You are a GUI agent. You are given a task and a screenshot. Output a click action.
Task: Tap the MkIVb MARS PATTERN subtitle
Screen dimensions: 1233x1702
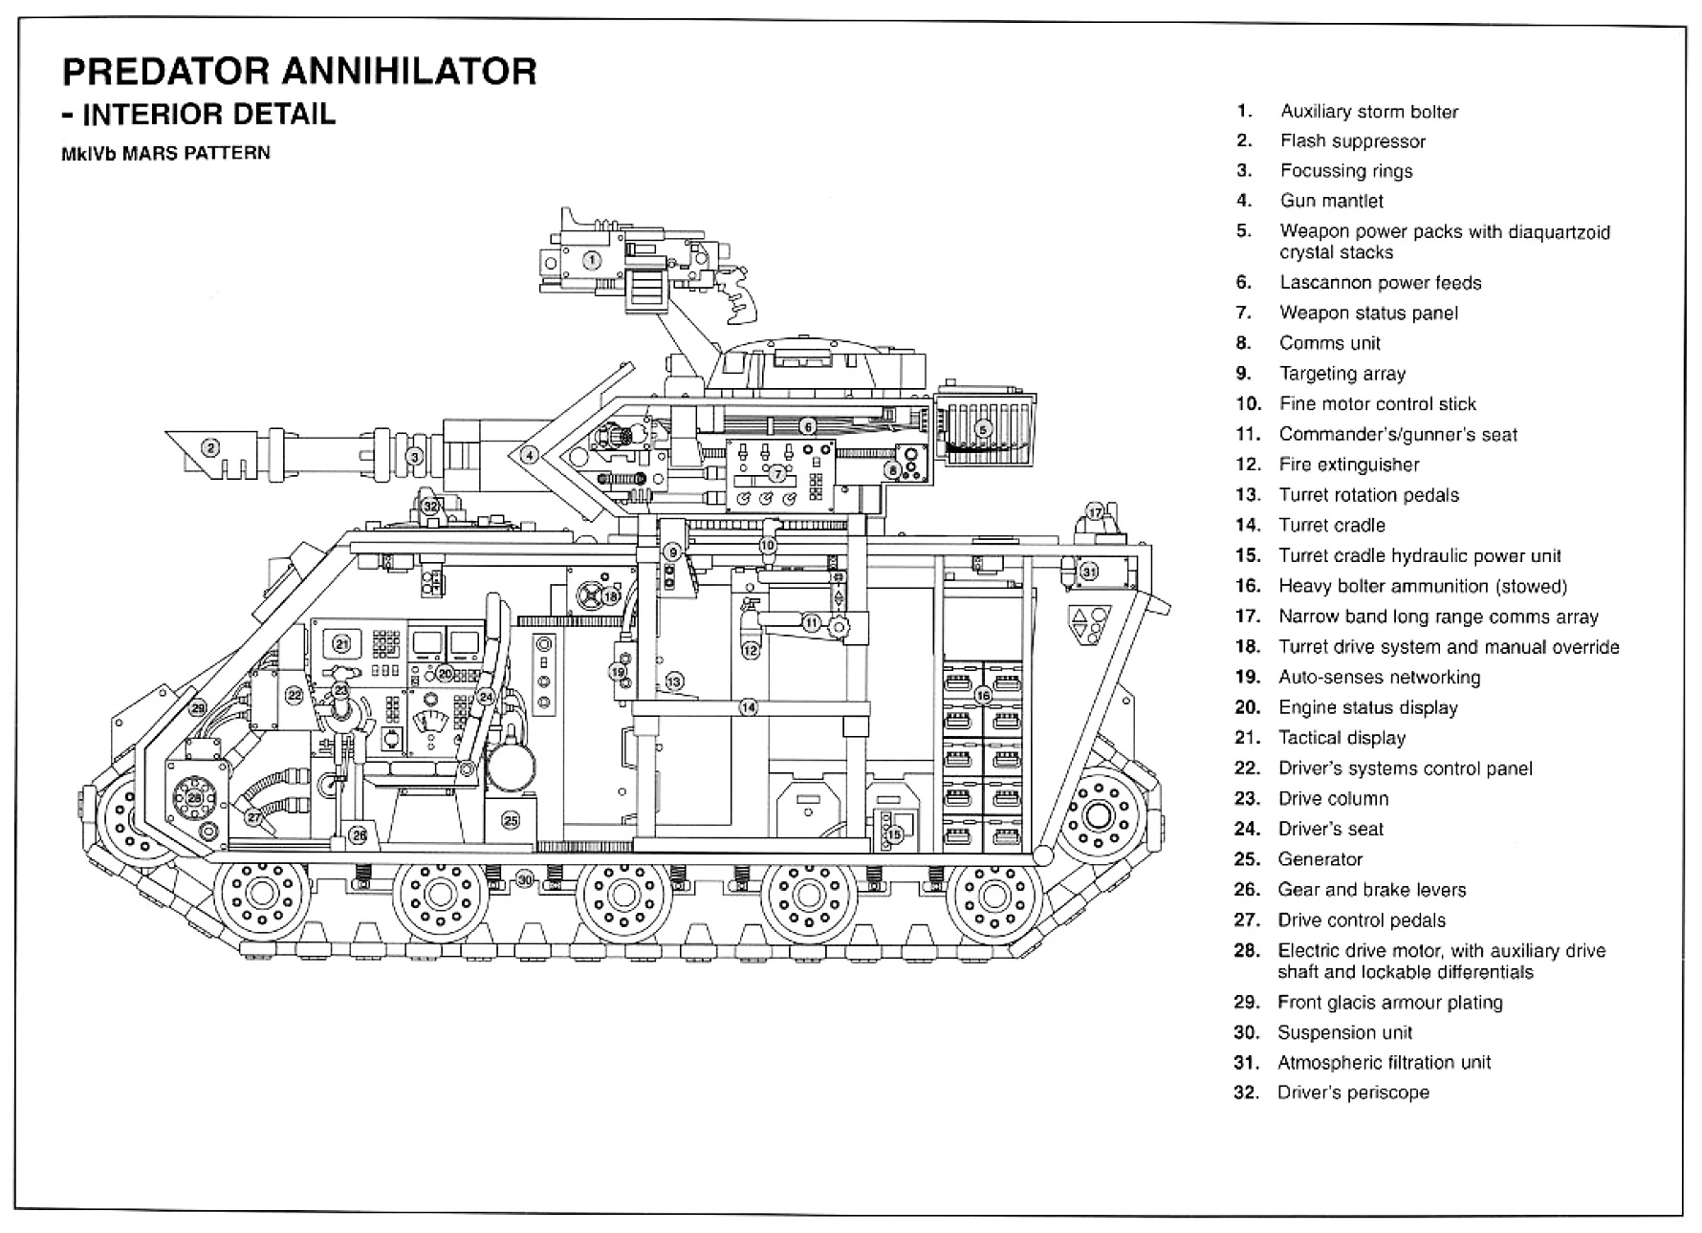[x=165, y=153]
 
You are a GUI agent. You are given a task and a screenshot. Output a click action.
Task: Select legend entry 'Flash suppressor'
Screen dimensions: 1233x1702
[x=1352, y=141]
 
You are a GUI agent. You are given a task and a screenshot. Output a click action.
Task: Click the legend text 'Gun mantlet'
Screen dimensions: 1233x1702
[x=1331, y=201]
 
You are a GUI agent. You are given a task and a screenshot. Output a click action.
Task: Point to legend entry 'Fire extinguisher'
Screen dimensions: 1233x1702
[x=1348, y=465]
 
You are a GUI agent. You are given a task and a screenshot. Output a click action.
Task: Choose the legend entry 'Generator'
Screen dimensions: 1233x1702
[x=1320, y=859]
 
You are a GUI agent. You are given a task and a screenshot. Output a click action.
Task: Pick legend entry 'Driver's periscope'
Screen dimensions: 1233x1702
[x=1353, y=1092]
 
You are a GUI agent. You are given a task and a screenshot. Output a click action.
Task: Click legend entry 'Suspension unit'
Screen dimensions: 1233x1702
[x=1344, y=1032]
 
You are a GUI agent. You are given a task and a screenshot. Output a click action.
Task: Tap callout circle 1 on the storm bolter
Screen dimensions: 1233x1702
[x=591, y=259]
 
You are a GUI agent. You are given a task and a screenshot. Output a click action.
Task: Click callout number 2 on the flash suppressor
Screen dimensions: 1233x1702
[x=209, y=445]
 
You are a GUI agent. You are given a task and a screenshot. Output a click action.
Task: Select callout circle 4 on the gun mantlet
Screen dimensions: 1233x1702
[x=529, y=456]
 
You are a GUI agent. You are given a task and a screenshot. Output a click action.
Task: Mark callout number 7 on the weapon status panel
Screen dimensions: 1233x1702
[x=778, y=473]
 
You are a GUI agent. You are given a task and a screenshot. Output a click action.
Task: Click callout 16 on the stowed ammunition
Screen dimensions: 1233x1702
[x=983, y=696]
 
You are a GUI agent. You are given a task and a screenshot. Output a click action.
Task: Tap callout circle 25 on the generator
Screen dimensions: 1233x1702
[x=511, y=820]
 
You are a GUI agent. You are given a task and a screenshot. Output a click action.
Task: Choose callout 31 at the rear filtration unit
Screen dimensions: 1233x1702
[x=1089, y=572]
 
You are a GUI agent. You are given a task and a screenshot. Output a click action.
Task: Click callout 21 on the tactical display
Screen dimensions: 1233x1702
[x=341, y=644]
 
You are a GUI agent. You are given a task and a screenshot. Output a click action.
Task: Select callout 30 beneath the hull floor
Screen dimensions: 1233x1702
[x=524, y=879]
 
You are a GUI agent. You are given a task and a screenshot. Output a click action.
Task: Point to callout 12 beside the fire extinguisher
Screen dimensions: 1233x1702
[x=750, y=650]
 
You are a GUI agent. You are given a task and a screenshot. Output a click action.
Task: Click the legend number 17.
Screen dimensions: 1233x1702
[x=1248, y=616]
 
